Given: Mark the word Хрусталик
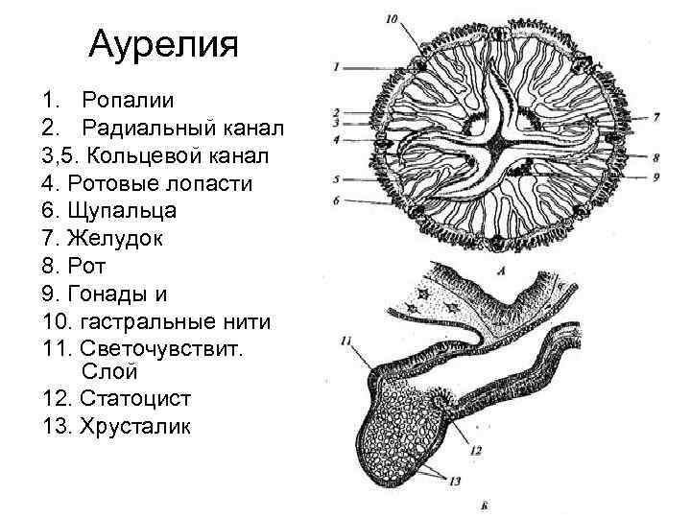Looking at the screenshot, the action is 135,425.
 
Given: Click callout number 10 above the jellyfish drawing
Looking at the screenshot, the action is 390,18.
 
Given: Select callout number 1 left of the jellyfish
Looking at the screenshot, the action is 337,68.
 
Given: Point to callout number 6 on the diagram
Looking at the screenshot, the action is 337,200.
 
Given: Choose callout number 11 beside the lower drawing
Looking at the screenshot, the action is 345,340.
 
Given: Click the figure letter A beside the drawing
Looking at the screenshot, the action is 502,271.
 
